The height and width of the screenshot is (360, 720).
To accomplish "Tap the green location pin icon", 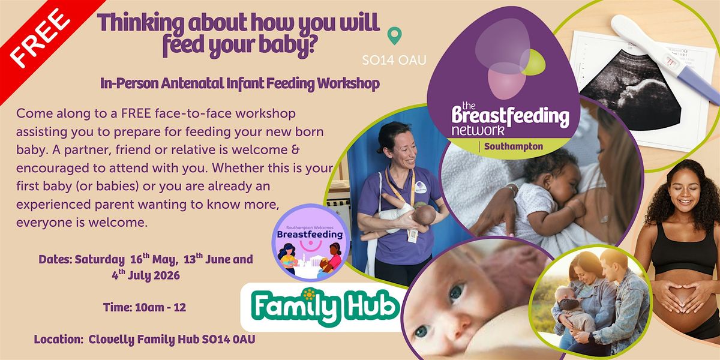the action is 394,35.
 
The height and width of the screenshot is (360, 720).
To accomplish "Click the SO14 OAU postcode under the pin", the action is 394,60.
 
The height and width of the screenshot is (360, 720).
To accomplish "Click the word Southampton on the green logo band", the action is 514,146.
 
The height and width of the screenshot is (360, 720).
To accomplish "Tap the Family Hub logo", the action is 324,307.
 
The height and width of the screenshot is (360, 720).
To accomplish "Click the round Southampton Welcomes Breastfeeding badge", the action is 311,242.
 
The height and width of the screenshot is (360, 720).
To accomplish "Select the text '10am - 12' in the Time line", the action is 161,307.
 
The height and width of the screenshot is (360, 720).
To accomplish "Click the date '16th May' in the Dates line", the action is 154,259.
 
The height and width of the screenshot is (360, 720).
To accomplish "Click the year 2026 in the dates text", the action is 167,275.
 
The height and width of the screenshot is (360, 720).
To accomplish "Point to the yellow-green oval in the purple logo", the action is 533,62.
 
